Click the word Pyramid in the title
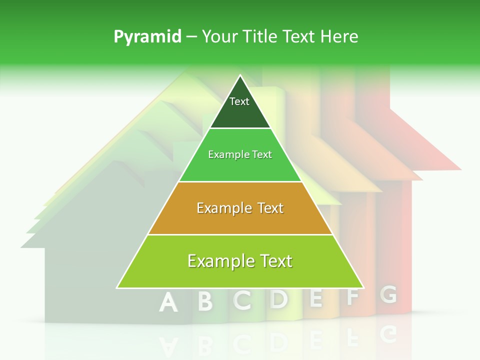pos(147,37)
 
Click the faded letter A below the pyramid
pos(169,302)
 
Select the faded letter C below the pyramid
pos(242,300)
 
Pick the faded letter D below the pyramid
pos(279,299)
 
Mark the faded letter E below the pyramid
pos(315,298)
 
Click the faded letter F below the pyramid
pos(352,296)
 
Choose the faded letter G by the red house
pos(388,294)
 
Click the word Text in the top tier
pos(239,101)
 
